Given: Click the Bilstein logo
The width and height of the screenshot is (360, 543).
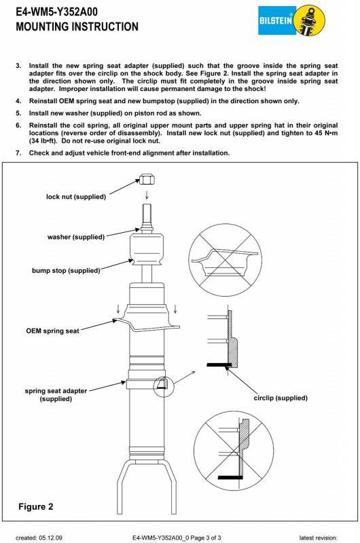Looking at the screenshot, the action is (x=292, y=20).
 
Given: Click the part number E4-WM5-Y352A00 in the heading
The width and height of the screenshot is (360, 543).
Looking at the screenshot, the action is (x=56, y=12).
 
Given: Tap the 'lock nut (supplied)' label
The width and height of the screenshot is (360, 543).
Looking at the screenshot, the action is (x=76, y=197).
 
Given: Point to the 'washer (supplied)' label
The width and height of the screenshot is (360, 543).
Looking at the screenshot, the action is (x=76, y=237).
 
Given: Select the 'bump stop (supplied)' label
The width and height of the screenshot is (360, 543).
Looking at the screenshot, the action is (x=66, y=270).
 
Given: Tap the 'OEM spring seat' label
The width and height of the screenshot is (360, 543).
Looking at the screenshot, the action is (x=53, y=331).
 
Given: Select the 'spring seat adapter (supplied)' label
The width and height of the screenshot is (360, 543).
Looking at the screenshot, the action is (x=56, y=395).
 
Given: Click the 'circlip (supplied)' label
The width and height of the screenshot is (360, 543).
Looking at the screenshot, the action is (x=281, y=398).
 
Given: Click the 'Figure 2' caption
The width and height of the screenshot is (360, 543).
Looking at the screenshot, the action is (x=36, y=506).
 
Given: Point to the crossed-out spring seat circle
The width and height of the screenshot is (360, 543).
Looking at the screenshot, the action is (x=226, y=260).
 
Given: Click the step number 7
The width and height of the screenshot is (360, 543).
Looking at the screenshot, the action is (x=18, y=153).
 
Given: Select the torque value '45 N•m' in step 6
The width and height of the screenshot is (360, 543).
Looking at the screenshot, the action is (x=325, y=133).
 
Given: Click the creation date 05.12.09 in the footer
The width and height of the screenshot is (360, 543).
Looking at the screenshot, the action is (x=50, y=538).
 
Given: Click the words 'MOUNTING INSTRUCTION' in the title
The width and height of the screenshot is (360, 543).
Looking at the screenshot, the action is (x=77, y=26).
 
